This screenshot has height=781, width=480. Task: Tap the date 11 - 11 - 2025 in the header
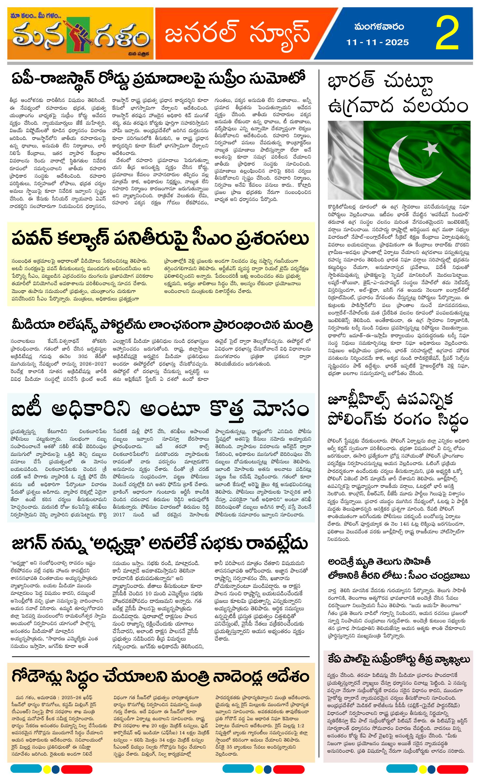click(377, 42)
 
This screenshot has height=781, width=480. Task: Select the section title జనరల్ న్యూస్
click(237, 33)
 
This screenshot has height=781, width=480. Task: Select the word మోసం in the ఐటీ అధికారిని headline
click(281, 409)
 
